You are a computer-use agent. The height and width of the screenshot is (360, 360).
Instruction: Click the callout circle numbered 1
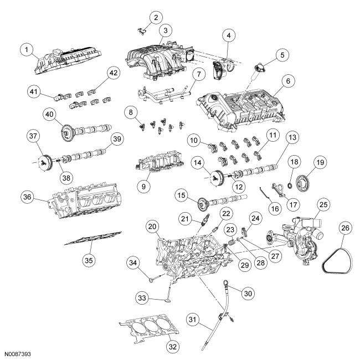[24, 50]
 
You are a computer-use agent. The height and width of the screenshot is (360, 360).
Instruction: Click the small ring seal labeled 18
[289, 181]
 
